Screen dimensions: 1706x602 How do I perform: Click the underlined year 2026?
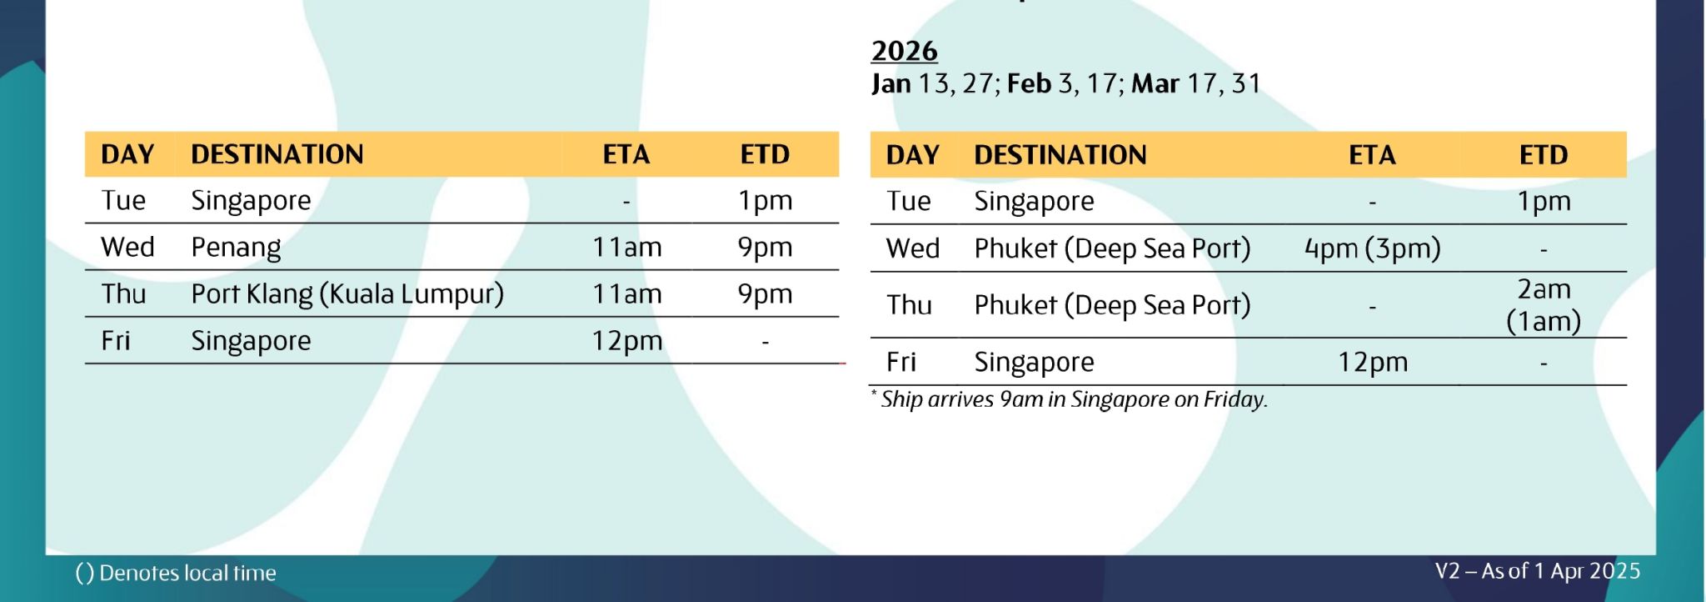pyautogui.click(x=905, y=51)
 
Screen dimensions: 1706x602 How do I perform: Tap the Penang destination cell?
pyautogui.click(x=236, y=248)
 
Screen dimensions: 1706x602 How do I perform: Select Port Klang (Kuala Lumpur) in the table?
pyautogui.click(x=347, y=294)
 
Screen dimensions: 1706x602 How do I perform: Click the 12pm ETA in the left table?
pyautogui.click(x=627, y=341)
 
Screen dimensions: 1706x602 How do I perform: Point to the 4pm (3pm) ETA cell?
pyautogui.click(x=1372, y=248)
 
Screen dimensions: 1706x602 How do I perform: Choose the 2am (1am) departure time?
pyautogui.click(x=1544, y=305)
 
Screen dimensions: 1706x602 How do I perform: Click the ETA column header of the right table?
pyautogui.click(x=1372, y=155)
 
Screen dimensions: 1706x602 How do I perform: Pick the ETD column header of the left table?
pyautogui.click(x=765, y=154)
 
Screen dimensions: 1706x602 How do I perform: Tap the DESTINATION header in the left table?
pyautogui.click(x=277, y=154)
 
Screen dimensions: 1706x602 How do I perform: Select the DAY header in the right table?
pyautogui.click(x=913, y=155)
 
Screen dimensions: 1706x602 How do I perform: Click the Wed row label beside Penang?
pyautogui.click(x=127, y=248)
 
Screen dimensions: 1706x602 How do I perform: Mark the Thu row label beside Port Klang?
pyautogui.click(x=123, y=294)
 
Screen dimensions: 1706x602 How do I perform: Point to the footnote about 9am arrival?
pyautogui.click(x=1070, y=399)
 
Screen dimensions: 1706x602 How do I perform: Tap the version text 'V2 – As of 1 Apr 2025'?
pyautogui.click(x=1538, y=571)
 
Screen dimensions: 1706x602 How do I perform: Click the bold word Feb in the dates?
pyautogui.click(x=1029, y=83)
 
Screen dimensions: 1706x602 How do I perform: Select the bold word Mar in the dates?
pyautogui.click(x=1155, y=83)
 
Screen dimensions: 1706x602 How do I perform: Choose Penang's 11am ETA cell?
pyautogui.click(x=627, y=248)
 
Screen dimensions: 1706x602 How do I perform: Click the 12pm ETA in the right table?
pyautogui.click(x=1373, y=363)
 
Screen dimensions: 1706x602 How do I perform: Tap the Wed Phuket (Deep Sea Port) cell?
pyautogui.click(x=1112, y=248)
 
